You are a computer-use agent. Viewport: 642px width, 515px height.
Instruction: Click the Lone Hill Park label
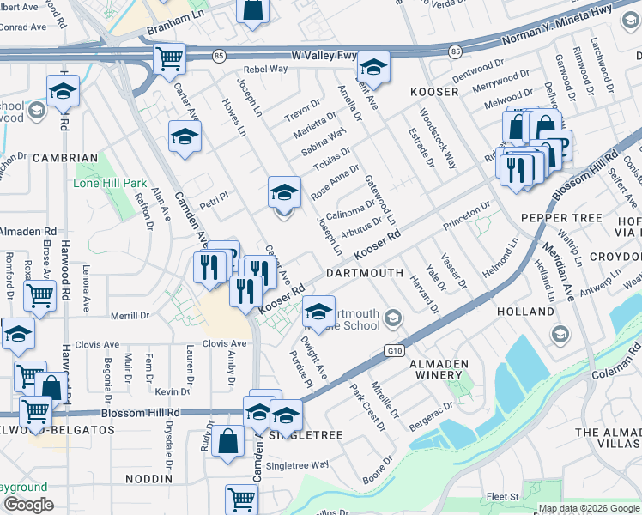(111, 183)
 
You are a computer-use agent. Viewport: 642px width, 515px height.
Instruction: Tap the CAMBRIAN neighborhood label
(65, 158)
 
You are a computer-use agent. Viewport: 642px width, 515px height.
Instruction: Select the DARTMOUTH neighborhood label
(365, 273)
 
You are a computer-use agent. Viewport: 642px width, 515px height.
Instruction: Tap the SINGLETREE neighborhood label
(306, 436)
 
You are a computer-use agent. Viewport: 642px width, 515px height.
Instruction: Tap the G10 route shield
(394, 350)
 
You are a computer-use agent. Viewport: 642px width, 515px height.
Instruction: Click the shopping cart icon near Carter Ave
(169, 58)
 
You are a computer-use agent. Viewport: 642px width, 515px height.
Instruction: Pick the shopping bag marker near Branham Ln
(253, 9)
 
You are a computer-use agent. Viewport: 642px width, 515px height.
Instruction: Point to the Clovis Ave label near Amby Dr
(225, 343)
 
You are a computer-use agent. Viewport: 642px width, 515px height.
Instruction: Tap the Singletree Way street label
(297, 464)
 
